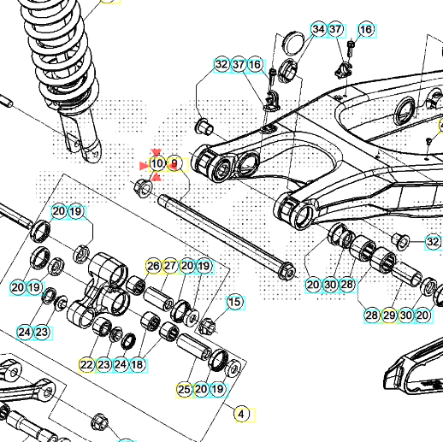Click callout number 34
(x=318, y=30)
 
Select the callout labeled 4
(x=241, y=415)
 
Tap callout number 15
(x=233, y=302)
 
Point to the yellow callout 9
(x=175, y=163)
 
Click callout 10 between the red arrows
(x=157, y=163)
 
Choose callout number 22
(x=87, y=364)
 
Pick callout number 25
(x=184, y=389)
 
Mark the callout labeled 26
(x=153, y=266)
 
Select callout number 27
(x=170, y=266)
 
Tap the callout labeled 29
(x=390, y=315)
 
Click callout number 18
(x=137, y=364)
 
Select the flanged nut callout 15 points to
(x=207, y=326)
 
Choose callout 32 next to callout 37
(x=221, y=65)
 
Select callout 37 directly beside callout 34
(x=335, y=30)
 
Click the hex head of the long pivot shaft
(x=287, y=272)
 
